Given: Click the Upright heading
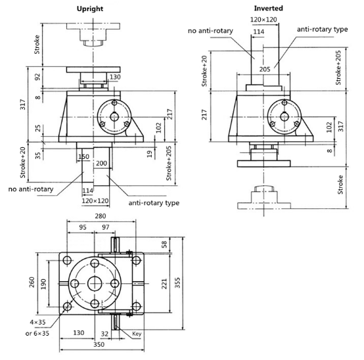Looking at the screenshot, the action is pos(90,9).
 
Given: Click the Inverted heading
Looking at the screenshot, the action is pos(268,9).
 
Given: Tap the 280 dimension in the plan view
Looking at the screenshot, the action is pos(101,216).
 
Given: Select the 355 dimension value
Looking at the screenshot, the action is pos(177,282).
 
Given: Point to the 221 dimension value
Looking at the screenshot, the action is pos(164,284).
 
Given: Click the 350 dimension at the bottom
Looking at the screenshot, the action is pos(99,344).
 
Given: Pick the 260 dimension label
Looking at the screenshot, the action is pos(32,282).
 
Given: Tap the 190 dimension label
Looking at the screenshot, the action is pos(43,284).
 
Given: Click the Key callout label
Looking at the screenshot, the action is pos(137,334).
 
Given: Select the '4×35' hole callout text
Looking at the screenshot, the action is pos(37,322).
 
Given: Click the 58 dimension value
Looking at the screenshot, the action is pos(164,244).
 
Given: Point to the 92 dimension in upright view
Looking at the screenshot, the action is pos(37,77).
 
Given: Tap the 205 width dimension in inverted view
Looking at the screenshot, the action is pos(265,69).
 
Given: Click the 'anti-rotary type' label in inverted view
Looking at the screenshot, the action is pos(322,30).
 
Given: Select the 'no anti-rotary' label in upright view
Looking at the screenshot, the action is pos(31,189).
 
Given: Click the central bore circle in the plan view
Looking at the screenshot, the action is pos(95,283).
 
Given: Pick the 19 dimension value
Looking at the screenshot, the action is pos(150,154).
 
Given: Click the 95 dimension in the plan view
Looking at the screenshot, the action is pos(83,227).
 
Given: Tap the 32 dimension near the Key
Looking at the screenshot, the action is pos(104,334).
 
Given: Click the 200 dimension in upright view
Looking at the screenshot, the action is pos(101,163).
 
